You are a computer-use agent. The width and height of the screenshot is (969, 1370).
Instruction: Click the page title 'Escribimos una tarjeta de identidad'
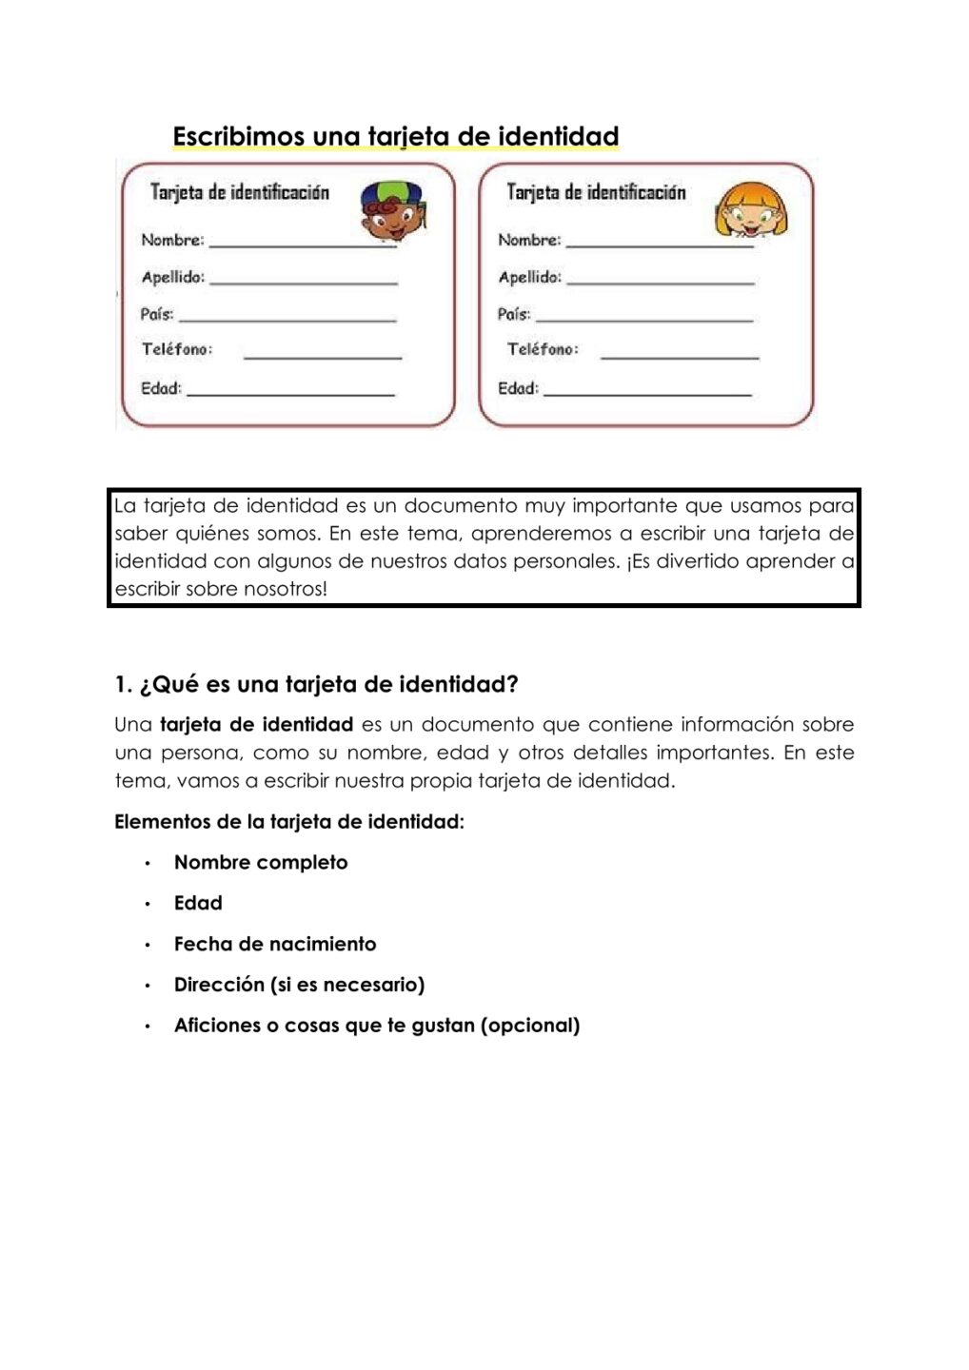point(395,137)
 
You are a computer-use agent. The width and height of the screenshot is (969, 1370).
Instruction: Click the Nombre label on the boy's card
point(172,240)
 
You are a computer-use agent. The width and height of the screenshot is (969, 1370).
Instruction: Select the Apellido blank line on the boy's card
point(303,283)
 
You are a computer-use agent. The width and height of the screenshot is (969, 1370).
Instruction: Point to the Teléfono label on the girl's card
point(542,349)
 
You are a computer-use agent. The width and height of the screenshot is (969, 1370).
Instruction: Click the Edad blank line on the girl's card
point(647,394)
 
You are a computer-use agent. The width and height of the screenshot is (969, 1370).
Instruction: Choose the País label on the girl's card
point(514,314)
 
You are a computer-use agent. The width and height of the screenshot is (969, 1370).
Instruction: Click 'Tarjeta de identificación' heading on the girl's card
point(596,192)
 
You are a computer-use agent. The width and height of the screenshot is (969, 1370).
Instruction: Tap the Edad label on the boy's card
point(161,388)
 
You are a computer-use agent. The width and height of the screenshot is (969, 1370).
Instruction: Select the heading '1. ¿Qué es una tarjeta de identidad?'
point(316,684)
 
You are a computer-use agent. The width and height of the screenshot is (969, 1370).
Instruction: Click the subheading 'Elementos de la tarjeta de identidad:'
point(289,822)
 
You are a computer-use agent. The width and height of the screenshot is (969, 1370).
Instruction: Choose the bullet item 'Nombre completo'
point(261,863)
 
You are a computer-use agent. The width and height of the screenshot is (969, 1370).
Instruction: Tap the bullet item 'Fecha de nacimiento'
point(275,944)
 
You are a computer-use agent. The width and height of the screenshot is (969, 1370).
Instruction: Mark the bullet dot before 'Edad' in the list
point(148,904)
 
